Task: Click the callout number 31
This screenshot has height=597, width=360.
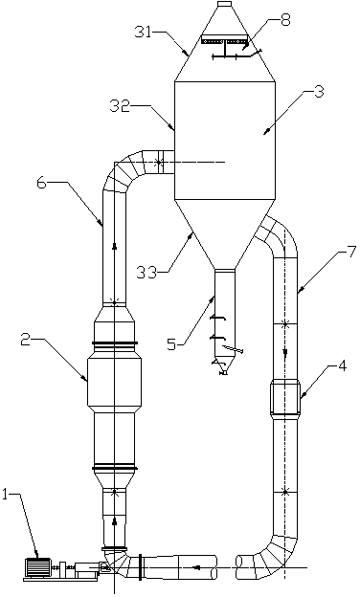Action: pos(144,32)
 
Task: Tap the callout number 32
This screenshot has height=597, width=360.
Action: pos(119,106)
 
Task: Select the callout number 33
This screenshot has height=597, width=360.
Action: pos(146,272)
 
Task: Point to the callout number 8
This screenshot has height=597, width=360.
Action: pos(285,20)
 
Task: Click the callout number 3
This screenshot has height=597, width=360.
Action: pos(319,92)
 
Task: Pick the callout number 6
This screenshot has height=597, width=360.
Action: pos(42,183)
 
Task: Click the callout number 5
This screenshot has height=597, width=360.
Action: pos(172,344)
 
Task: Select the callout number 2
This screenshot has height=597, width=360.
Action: pos(26,340)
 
